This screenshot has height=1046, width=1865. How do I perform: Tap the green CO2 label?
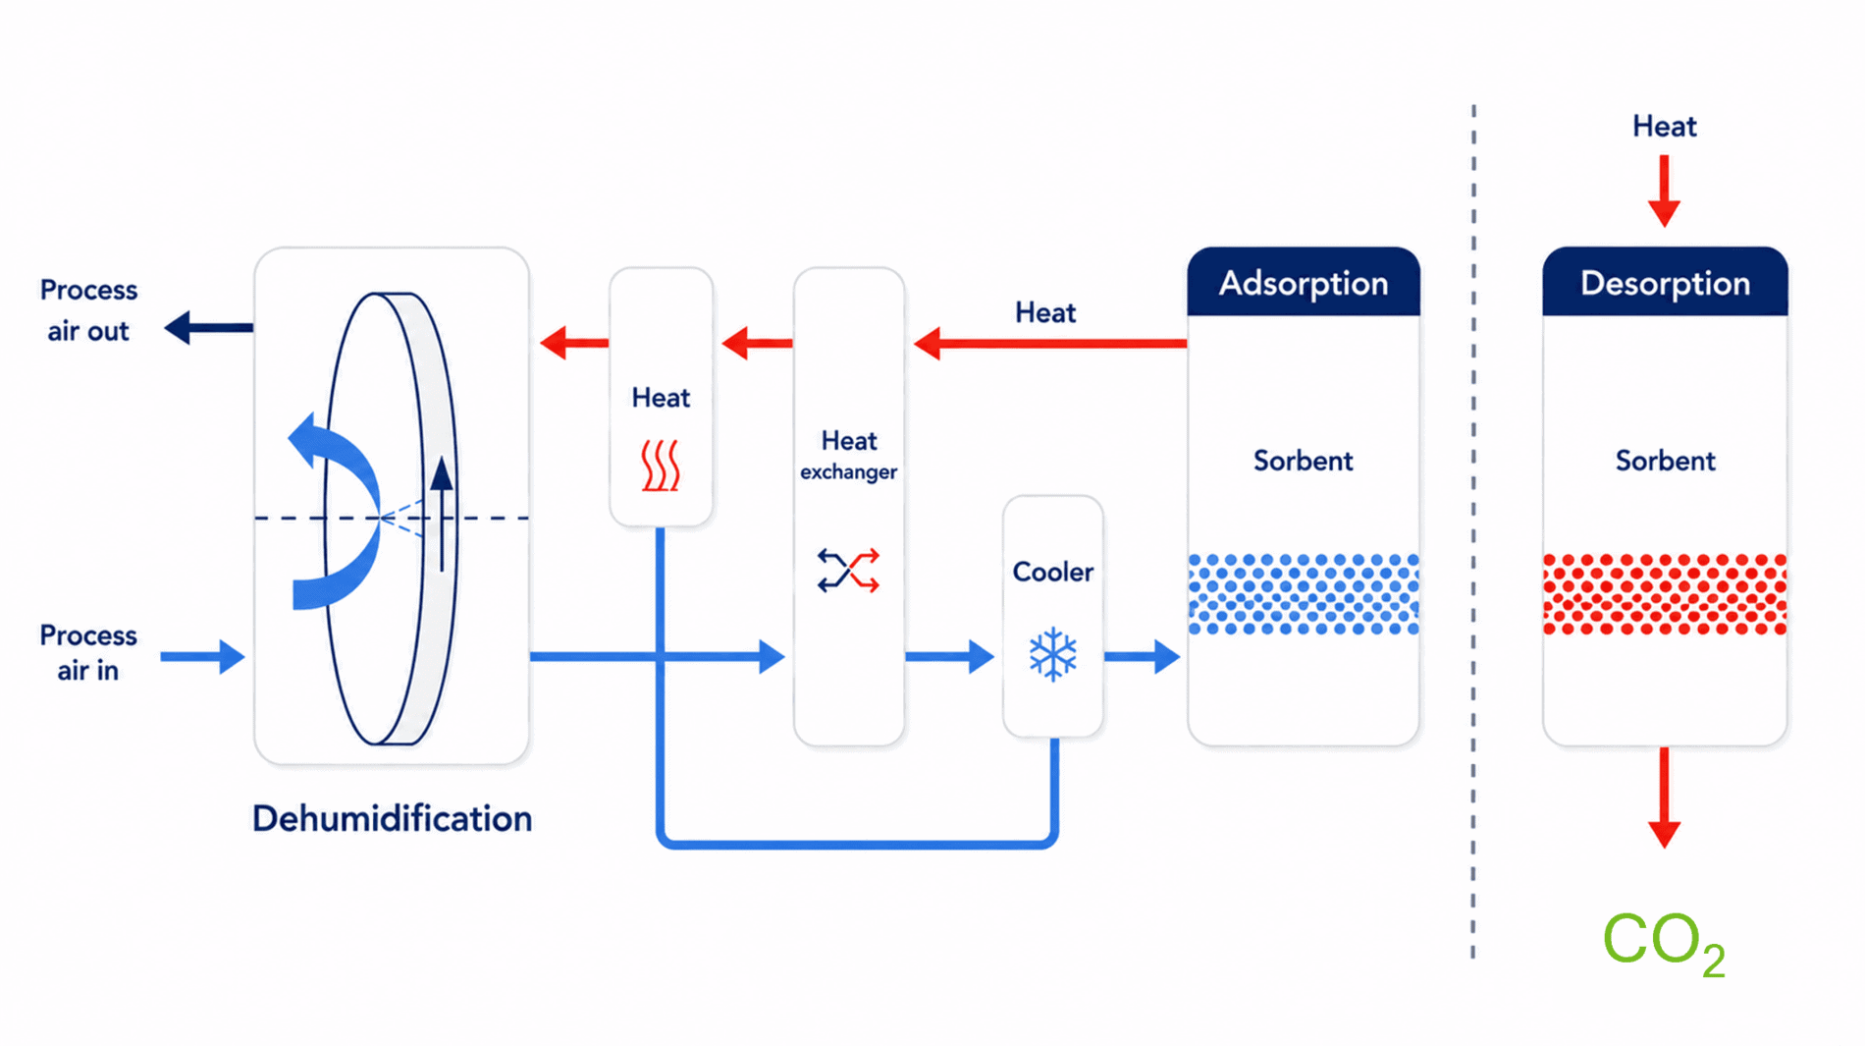1664,942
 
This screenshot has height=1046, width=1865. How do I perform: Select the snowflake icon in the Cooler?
1053,654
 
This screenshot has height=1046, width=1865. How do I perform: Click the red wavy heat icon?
661,465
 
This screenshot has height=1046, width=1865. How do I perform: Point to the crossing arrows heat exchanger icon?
848,571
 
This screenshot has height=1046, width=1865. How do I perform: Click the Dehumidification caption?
392,818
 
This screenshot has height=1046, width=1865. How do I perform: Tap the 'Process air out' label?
88,310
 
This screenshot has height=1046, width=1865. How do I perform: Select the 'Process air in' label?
88,652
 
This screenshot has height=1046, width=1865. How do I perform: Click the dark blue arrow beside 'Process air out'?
208,327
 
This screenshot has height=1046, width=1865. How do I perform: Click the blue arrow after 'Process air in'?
202,656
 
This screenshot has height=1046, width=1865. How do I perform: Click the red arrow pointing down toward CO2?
1664,798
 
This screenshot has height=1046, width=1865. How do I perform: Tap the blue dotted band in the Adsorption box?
1304,594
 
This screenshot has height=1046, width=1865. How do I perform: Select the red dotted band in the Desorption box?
1665,594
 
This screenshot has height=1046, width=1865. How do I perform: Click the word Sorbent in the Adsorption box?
1303,461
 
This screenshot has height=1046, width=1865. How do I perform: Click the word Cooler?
1052,572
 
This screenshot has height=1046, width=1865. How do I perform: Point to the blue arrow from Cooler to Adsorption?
1142,656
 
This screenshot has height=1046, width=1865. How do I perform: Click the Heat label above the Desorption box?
1664,126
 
